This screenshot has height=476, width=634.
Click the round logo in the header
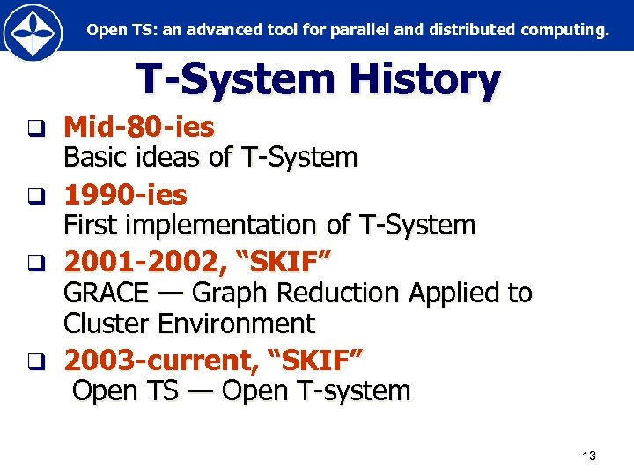(33, 33)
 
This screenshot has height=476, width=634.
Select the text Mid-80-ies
(138, 127)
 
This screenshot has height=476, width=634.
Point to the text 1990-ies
(125, 193)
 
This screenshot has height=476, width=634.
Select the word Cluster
(107, 324)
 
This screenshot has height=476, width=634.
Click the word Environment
(236, 324)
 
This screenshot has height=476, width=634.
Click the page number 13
(589, 456)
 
